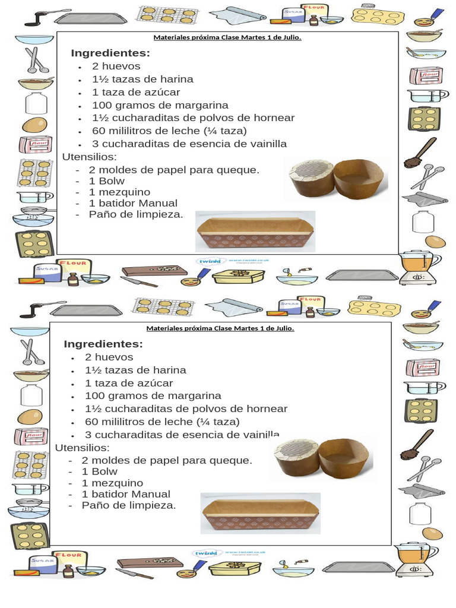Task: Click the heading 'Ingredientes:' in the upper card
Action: [x=110, y=53]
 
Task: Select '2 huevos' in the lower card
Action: [x=109, y=357]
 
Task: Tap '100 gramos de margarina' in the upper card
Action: [x=160, y=105]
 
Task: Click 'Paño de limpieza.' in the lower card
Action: [x=129, y=505]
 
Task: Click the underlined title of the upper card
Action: [x=227, y=38]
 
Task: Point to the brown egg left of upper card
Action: [x=34, y=125]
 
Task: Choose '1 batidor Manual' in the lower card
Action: [x=126, y=494]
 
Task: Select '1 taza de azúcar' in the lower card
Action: [x=129, y=383]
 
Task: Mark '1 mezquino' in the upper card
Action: [x=119, y=192]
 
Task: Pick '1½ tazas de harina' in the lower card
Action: [x=135, y=370]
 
